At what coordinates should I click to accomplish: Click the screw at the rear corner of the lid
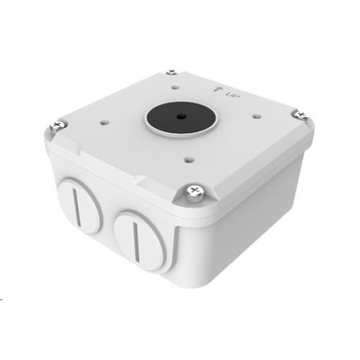click(x=172, y=72)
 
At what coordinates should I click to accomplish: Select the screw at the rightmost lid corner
click(x=301, y=114)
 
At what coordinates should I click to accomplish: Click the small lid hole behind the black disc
click(x=175, y=87)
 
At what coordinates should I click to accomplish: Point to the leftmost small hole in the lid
click(x=104, y=122)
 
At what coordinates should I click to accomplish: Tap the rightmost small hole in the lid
click(x=256, y=116)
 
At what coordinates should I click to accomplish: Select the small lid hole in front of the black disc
click(x=190, y=159)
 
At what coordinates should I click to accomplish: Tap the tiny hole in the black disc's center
click(x=181, y=116)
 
